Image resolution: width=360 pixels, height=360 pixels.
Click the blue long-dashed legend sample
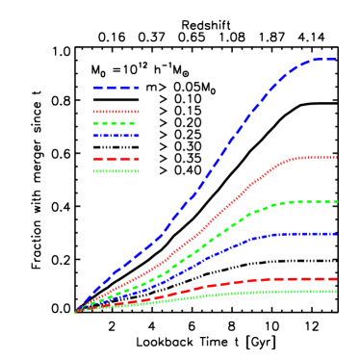click(x=116, y=88)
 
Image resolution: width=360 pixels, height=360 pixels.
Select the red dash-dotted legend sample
click(x=116, y=112)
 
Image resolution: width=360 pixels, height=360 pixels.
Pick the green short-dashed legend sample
click(x=115, y=123)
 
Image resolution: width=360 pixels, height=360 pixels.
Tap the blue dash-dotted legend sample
click(x=116, y=136)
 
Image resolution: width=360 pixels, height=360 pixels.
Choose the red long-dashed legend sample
click(x=116, y=159)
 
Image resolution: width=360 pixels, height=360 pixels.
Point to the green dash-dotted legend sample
click(x=116, y=171)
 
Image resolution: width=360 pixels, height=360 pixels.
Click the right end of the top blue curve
click(x=335, y=60)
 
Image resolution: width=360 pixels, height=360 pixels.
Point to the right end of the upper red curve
click(x=335, y=158)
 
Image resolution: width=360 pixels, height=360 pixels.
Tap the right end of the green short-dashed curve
click(x=335, y=202)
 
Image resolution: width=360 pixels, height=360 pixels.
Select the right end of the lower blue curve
click(x=335, y=234)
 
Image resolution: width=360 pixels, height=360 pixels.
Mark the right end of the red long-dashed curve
click(x=335, y=279)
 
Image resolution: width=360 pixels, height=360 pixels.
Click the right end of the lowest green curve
click(x=335, y=292)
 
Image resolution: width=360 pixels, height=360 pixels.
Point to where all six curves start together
click(x=76, y=312)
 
